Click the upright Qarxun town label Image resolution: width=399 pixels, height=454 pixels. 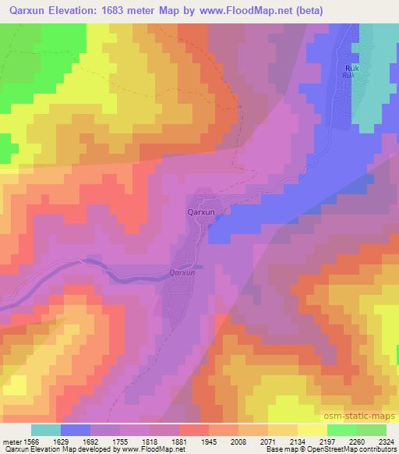[x=202, y=210]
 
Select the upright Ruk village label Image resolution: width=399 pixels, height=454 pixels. [x=351, y=69]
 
